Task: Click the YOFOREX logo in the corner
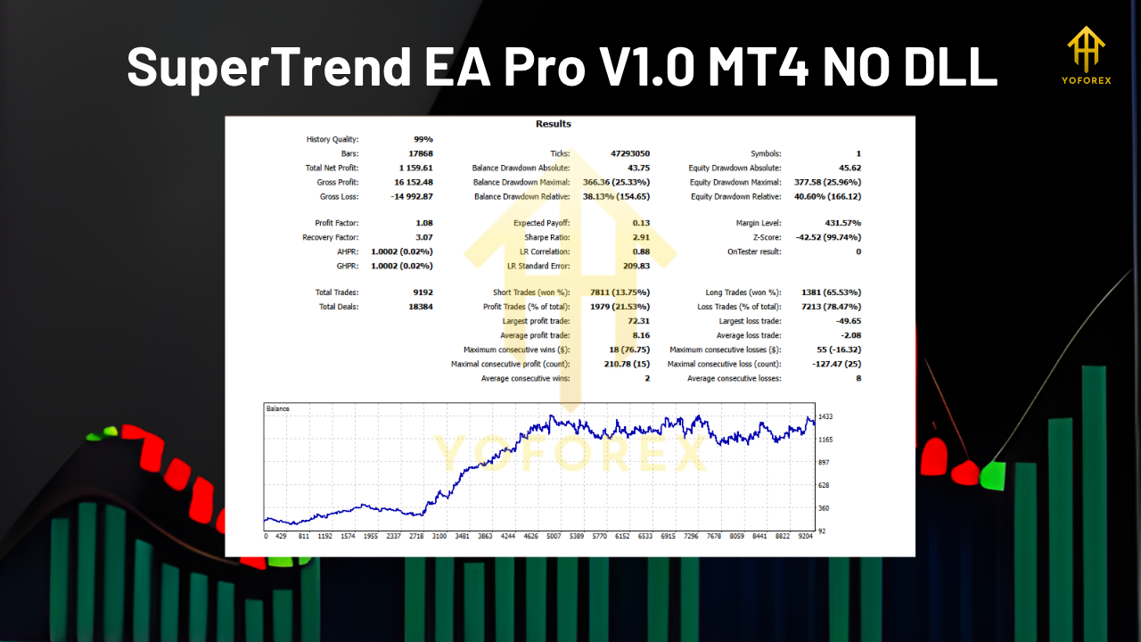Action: click(1086, 57)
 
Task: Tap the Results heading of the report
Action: click(554, 124)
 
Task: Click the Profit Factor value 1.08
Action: click(423, 223)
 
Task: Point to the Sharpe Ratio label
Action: click(548, 237)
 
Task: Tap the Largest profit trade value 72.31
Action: click(637, 321)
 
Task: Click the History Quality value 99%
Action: click(423, 139)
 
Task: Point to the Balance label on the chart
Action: click(278, 408)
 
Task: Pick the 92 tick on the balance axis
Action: click(823, 531)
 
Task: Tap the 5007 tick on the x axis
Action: click(554, 537)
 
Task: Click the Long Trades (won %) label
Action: click(743, 292)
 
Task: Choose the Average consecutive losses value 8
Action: click(858, 378)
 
